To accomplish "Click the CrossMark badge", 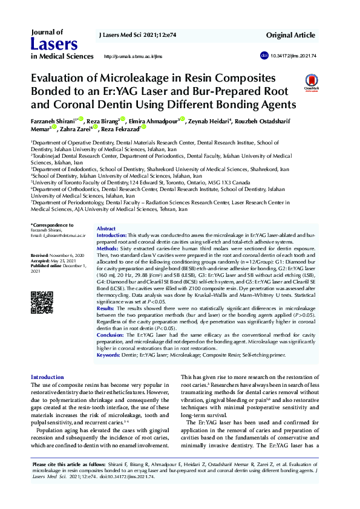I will [312, 83].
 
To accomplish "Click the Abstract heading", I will [106, 229].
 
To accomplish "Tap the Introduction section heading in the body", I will [47, 377].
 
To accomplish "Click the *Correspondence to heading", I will [50, 225].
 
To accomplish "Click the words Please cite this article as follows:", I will [66, 464].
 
